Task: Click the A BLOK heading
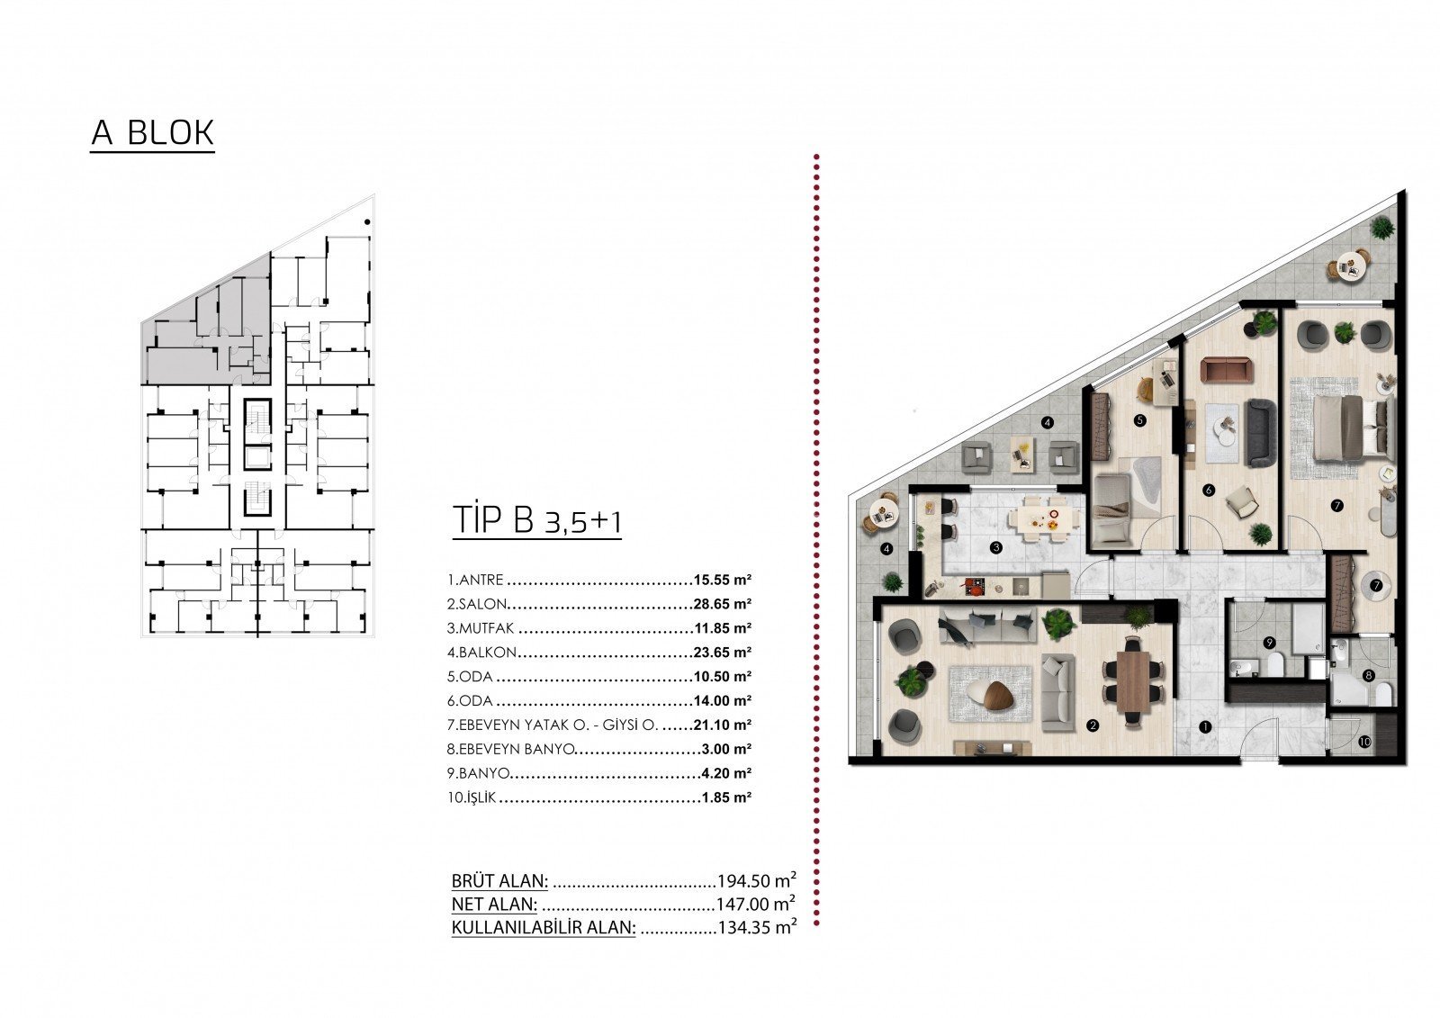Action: pyautogui.click(x=152, y=133)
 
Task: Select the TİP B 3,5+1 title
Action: pyautogui.click(x=537, y=520)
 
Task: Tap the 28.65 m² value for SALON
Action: pyautogui.click(x=723, y=604)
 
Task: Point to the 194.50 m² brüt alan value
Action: pyautogui.click(x=757, y=879)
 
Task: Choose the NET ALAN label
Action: pyautogui.click(x=494, y=905)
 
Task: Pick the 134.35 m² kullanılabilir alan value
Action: pyautogui.click(x=757, y=927)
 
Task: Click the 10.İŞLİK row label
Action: pyautogui.click(x=472, y=797)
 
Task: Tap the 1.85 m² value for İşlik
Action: pyautogui.click(x=726, y=797)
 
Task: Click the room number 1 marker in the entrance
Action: pyautogui.click(x=1204, y=727)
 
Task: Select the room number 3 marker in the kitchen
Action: pyautogui.click(x=995, y=548)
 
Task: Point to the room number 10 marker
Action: pyautogui.click(x=1364, y=742)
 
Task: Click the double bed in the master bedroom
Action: pyautogui.click(x=1354, y=428)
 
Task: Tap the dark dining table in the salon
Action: pyautogui.click(x=1133, y=681)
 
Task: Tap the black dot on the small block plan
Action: pyautogui.click(x=367, y=222)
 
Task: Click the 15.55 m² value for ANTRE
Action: pyautogui.click(x=723, y=580)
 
